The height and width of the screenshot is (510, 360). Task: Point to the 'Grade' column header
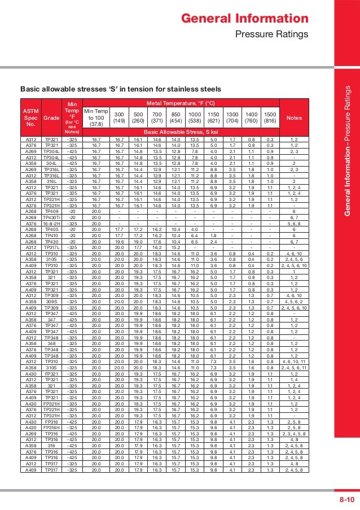tap(51, 117)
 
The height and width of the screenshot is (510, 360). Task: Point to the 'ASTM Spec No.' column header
tap(31, 117)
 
